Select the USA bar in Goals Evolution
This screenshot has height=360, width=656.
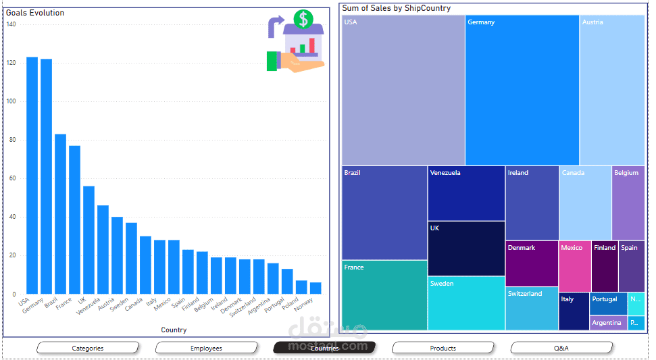coord(32,176)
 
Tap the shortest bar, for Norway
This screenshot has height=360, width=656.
coord(316,288)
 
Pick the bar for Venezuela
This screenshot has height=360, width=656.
coord(103,250)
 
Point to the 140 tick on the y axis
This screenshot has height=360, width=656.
coord(11,24)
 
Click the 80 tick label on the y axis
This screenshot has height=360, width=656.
coord(11,140)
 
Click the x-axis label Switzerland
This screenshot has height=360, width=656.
coord(243,307)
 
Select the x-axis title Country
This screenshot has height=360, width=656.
coord(174,330)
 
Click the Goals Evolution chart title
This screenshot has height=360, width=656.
coord(35,13)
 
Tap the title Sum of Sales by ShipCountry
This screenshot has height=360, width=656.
coord(396,8)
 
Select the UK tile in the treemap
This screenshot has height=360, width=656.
coord(466,249)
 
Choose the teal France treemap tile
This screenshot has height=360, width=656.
coord(384,295)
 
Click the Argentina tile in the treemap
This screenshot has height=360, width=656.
coord(607,323)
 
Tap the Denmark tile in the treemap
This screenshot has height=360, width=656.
coord(531,264)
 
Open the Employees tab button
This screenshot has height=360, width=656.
coord(206,348)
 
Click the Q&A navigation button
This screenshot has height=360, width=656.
coord(561,348)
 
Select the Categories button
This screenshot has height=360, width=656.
coord(88,348)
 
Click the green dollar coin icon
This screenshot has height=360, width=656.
coord(303,19)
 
